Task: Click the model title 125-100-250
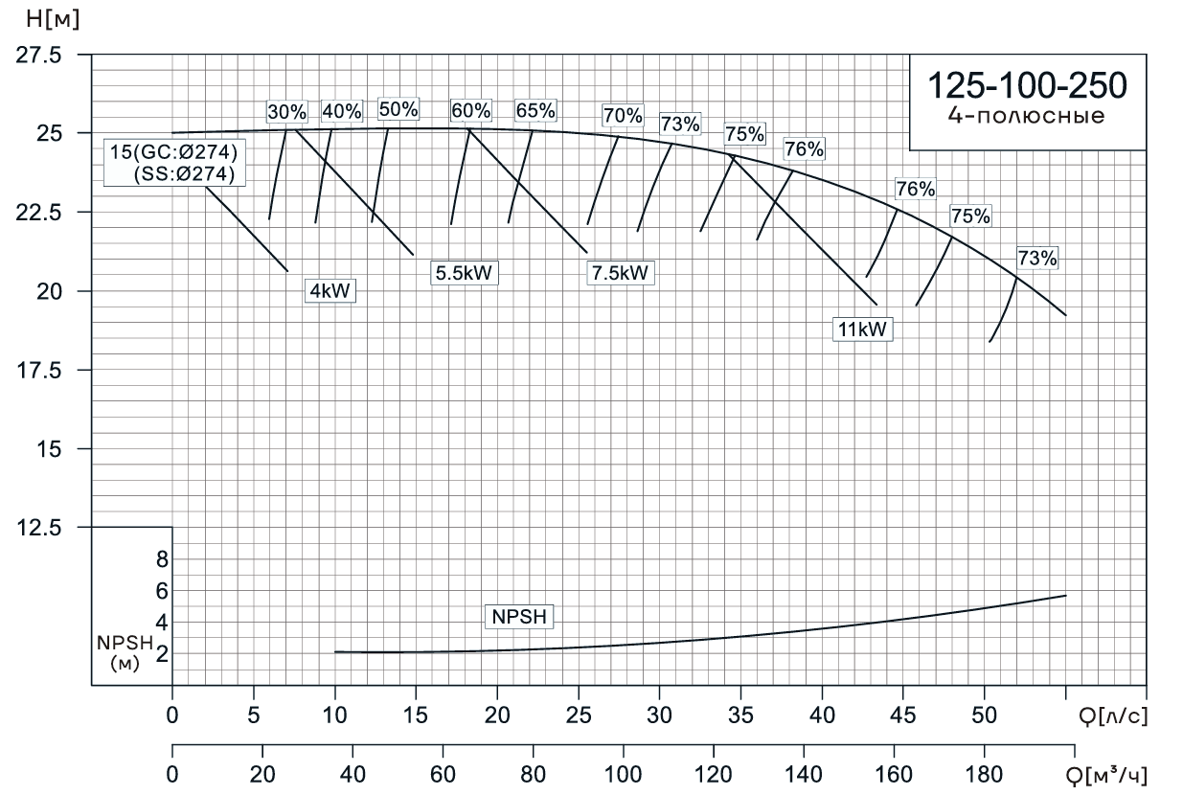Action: click(x=1027, y=85)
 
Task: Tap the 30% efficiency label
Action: click(x=286, y=111)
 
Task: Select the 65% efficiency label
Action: click(x=535, y=110)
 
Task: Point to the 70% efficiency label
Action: click(x=623, y=116)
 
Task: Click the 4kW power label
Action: click(x=330, y=291)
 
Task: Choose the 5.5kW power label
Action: click(x=465, y=272)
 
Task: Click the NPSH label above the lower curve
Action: click(x=519, y=617)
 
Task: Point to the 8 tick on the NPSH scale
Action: click(x=162, y=558)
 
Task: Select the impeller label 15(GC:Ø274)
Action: click(x=172, y=152)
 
